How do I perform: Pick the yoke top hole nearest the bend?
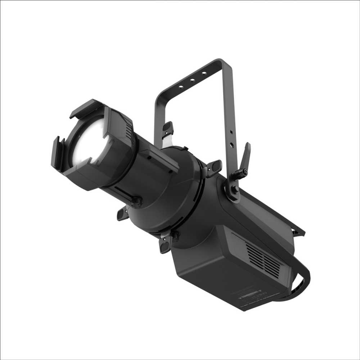tap(204, 73)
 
